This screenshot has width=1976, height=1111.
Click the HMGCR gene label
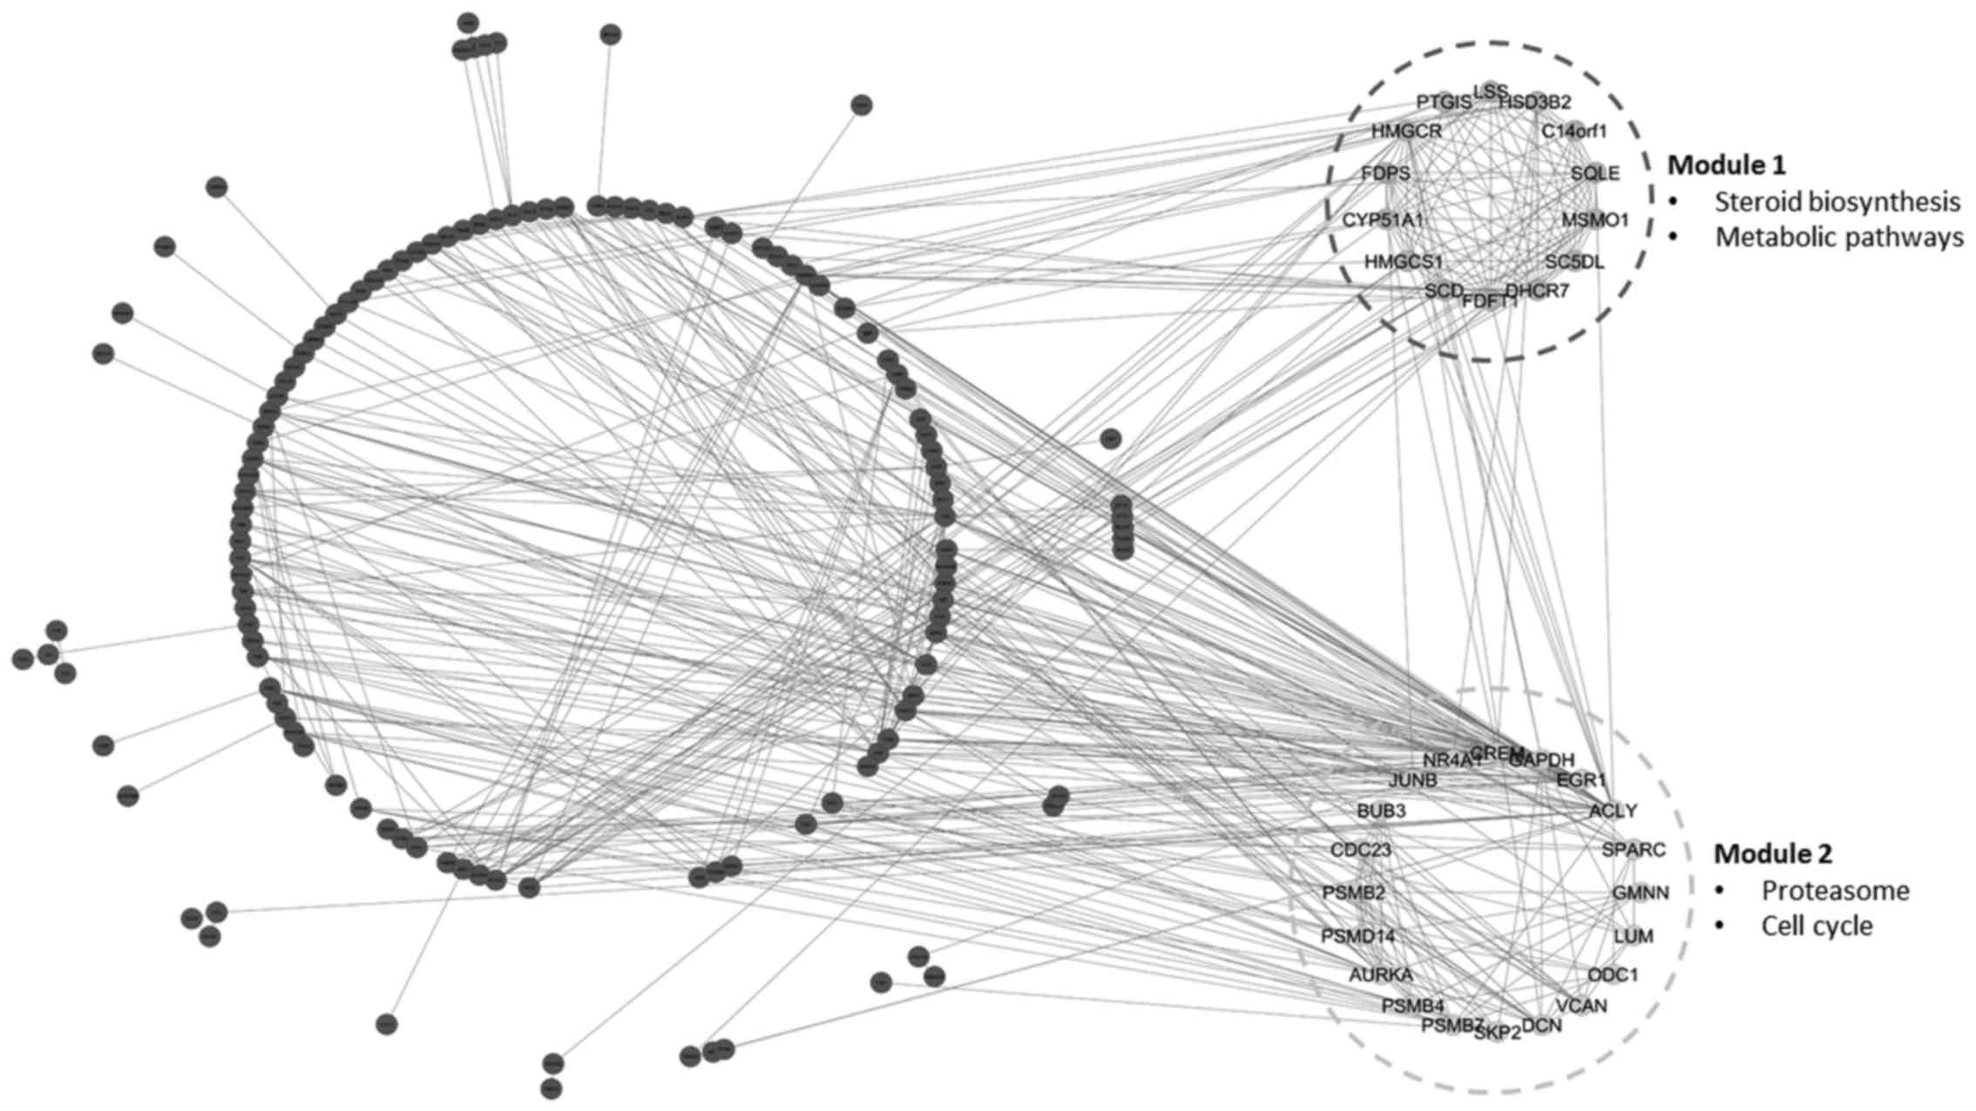[1406, 132]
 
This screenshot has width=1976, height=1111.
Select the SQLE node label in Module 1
[1595, 173]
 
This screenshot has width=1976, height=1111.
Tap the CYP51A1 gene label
[1382, 220]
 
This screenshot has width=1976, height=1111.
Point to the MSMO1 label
[1594, 220]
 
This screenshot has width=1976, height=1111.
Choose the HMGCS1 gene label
[1404, 262]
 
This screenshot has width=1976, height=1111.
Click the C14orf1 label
[1573, 132]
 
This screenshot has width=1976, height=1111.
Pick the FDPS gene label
[1385, 174]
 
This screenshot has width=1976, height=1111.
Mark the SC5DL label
[1574, 262]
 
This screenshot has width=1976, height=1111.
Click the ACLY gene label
[1614, 811]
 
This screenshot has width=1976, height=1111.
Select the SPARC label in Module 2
[1634, 850]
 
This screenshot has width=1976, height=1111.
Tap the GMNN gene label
[1641, 893]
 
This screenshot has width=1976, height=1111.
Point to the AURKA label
[1381, 975]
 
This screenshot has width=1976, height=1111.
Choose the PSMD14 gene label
[1358, 937]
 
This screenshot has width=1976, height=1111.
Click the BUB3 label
[1381, 811]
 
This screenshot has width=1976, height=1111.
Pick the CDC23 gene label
[1361, 850]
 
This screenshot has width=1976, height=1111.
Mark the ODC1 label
[1613, 975]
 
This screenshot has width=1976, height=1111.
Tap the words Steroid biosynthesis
[1837, 202]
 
